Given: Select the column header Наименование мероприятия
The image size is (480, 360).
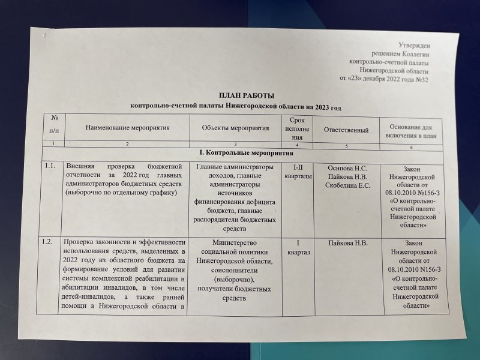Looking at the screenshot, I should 128,128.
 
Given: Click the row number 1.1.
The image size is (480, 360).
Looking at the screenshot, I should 50,166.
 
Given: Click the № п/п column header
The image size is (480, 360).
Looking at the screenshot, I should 54,124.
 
